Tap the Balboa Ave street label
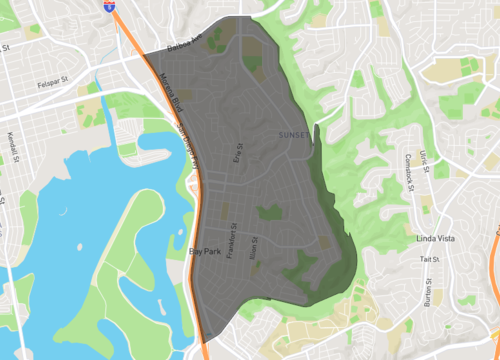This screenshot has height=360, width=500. click(x=184, y=46)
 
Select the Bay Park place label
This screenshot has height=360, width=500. click(x=206, y=252)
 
